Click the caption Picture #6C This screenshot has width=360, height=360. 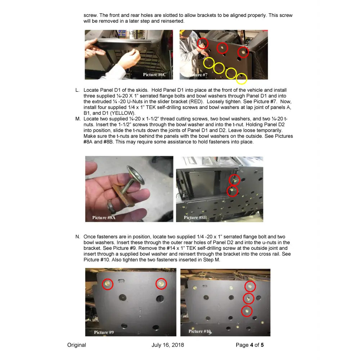(x=154, y=75)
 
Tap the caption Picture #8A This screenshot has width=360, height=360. (x=104, y=217)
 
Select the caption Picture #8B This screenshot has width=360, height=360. (x=195, y=217)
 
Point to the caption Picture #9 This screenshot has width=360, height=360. (x=104, y=332)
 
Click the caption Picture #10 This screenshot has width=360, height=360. (x=199, y=331)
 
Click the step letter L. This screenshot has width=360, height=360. (x=77, y=90)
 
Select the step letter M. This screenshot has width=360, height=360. (x=78, y=119)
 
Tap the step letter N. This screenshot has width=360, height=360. (x=78, y=237)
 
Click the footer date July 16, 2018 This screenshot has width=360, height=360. (x=168, y=345)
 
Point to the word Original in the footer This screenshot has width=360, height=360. (x=77, y=345)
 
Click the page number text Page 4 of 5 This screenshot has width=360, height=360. (x=250, y=345)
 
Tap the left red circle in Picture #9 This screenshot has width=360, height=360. (x=108, y=284)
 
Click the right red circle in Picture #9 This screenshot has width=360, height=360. (x=161, y=284)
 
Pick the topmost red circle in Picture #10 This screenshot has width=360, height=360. (x=250, y=287)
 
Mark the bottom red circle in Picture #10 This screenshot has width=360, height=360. (x=247, y=311)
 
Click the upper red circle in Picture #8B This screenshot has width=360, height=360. (x=234, y=179)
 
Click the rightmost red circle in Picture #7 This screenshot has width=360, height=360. (x=243, y=52)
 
